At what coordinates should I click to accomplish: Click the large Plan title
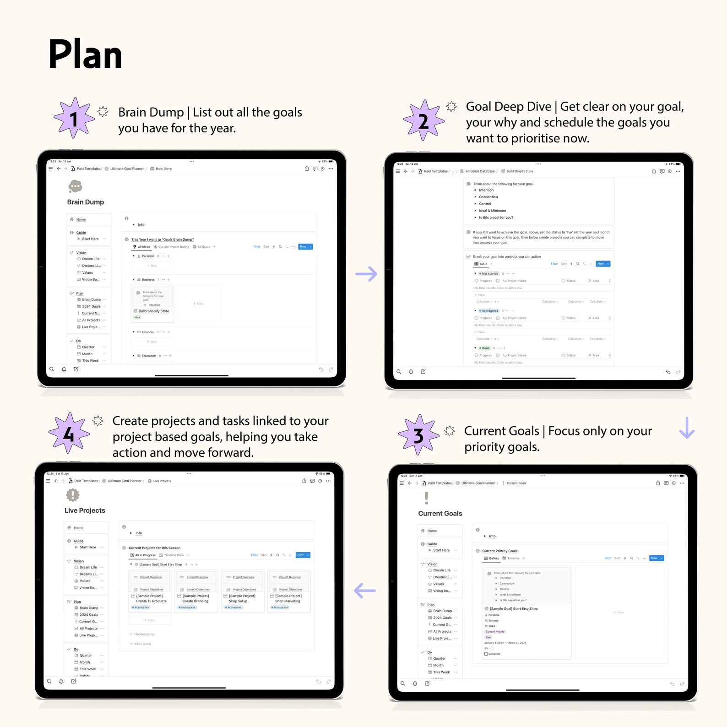pyautogui.click(x=86, y=55)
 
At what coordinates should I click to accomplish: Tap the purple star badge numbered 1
pyautogui.click(x=74, y=119)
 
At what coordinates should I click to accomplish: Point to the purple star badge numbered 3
pyautogui.click(x=418, y=435)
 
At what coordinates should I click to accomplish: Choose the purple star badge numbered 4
pyautogui.click(x=69, y=433)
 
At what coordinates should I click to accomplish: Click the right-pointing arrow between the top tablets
pyautogui.click(x=366, y=274)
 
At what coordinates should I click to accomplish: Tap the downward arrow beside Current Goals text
pyautogui.click(x=687, y=428)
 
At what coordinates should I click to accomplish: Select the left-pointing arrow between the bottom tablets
pyautogui.click(x=365, y=591)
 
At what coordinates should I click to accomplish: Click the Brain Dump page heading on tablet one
pyautogui.click(x=86, y=202)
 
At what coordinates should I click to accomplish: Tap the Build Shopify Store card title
pyautogui.click(x=154, y=311)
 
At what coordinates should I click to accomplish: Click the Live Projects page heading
pyautogui.click(x=85, y=510)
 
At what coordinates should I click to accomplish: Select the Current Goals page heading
pyautogui.click(x=440, y=514)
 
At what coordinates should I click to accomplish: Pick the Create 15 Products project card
pyautogui.click(x=151, y=598)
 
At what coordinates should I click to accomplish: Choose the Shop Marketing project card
pyautogui.click(x=288, y=598)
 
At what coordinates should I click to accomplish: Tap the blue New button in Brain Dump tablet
pyautogui.click(x=305, y=247)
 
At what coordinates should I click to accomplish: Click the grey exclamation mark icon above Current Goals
pyautogui.click(x=427, y=498)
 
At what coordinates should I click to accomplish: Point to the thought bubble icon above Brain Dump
pyautogui.click(x=75, y=186)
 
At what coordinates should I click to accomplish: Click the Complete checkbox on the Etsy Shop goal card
pyautogui.click(x=486, y=654)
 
